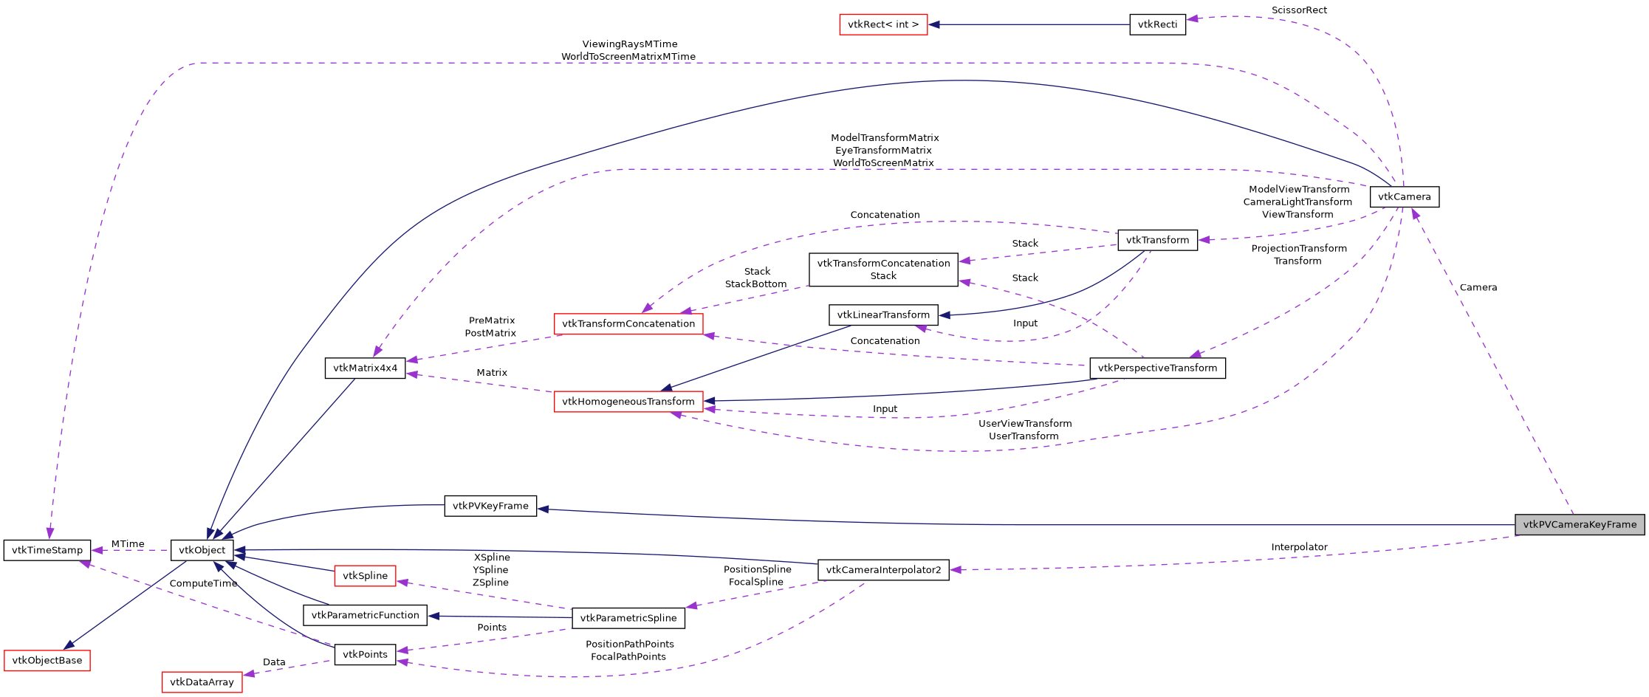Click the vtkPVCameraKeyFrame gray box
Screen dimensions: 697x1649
point(1579,524)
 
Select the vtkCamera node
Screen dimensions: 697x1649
point(1404,196)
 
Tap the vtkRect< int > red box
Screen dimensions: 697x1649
point(883,24)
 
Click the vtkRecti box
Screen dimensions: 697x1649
point(1157,24)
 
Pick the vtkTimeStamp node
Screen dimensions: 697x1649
point(47,550)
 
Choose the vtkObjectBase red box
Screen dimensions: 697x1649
point(47,660)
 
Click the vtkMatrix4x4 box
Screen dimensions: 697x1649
point(365,368)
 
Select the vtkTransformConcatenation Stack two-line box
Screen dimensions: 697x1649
point(883,269)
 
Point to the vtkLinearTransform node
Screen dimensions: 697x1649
point(883,315)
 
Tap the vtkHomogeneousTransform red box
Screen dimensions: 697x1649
point(628,402)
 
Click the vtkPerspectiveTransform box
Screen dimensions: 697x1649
point(1157,368)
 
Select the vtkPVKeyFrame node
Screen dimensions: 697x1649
point(490,506)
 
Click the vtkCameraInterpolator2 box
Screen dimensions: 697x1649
point(883,570)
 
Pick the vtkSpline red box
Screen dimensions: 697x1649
point(365,576)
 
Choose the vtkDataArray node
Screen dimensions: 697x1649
point(202,682)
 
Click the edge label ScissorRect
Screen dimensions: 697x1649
point(1299,10)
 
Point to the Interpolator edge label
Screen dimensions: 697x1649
point(1299,547)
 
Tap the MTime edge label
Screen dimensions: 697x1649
point(128,544)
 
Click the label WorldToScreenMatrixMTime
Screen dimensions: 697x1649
point(628,57)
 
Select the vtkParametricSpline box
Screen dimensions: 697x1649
point(628,618)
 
